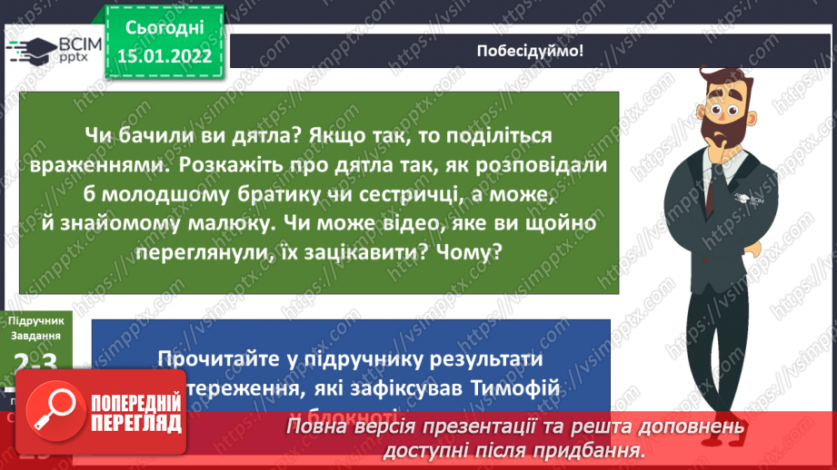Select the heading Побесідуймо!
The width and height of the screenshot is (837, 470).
[x=530, y=51]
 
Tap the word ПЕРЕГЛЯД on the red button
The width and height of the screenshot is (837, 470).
[x=136, y=423]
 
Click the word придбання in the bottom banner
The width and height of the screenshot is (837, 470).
[x=597, y=449]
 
